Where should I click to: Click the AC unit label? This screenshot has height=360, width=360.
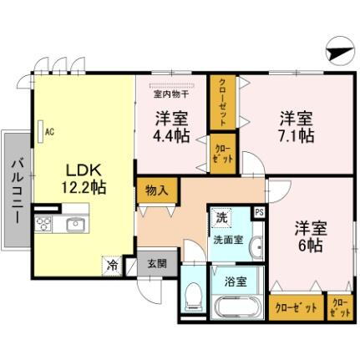tap(49, 131)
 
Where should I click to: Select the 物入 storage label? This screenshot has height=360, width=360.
tap(156, 190)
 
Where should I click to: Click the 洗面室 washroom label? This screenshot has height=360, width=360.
tap(227, 238)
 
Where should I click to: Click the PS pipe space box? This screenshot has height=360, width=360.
tap(259, 213)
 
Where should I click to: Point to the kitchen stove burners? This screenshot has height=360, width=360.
tap(44, 225)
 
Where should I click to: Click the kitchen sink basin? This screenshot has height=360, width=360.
tap(75, 225)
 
